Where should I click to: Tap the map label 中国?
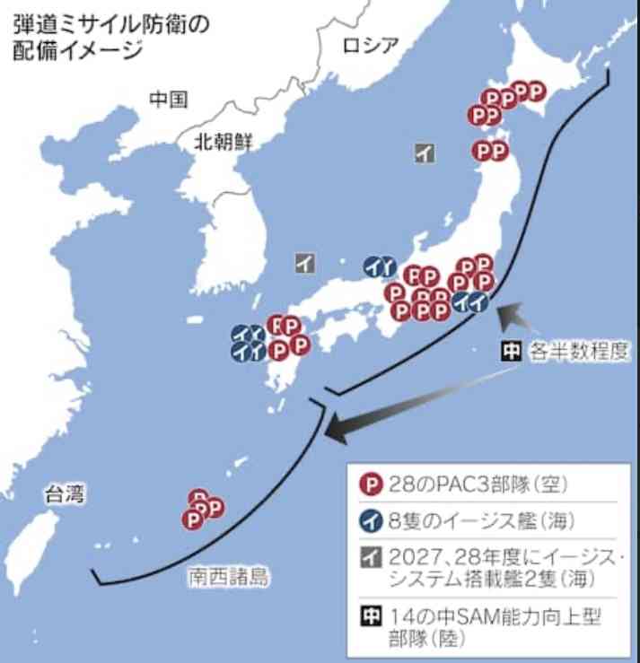168,99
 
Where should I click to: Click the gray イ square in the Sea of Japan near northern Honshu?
425,153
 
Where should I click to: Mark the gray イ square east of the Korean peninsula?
305,263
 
